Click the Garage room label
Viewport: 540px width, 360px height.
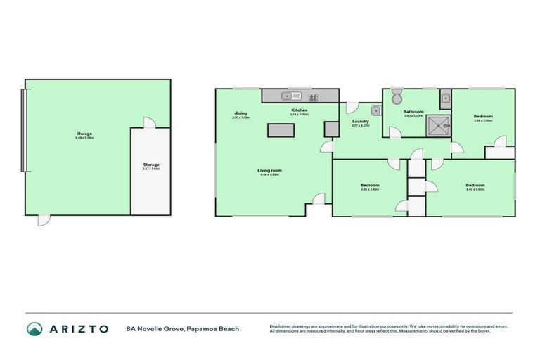pyautogui.click(x=84, y=134)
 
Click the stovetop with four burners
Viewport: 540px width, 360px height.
pyautogui.click(x=313, y=97)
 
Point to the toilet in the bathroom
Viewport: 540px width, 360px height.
pyautogui.click(x=397, y=95)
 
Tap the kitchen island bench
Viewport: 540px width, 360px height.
pyautogui.click(x=281, y=129)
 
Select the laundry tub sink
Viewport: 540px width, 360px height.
pyautogui.click(x=376, y=110)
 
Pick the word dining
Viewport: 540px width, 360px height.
pyautogui.click(x=241, y=113)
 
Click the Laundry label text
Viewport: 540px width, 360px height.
pyautogui.click(x=360, y=121)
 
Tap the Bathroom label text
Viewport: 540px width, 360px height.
pyautogui.click(x=413, y=112)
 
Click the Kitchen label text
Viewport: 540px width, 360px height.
pyautogui.click(x=300, y=110)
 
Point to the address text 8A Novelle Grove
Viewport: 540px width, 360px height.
pyautogui.click(x=155, y=328)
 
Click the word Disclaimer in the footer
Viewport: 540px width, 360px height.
pyautogui.click(x=281, y=326)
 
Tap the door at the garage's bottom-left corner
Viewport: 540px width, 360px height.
pyautogui.click(x=44, y=220)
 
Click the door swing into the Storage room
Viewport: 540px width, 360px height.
pyautogui.click(x=148, y=123)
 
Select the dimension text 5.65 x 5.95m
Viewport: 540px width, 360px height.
pyautogui.click(x=84, y=138)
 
